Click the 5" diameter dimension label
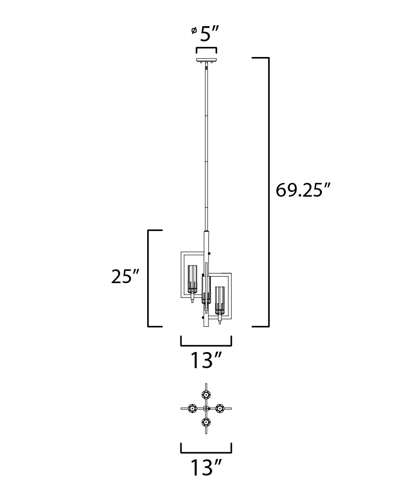pyautogui.click(x=209, y=34)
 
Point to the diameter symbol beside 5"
pyautogui.click(x=194, y=30)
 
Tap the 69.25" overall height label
pyautogui.click(x=303, y=190)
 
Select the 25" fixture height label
pyautogui.click(x=125, y=276)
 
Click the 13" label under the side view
pyautogui.click(x=207, y=360)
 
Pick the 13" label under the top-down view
pyautogui.click(x=207, y=467)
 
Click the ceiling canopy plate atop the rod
pyautogui.click(x=207, y=60)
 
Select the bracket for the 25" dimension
pyautogui.click(x=148, y=278)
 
